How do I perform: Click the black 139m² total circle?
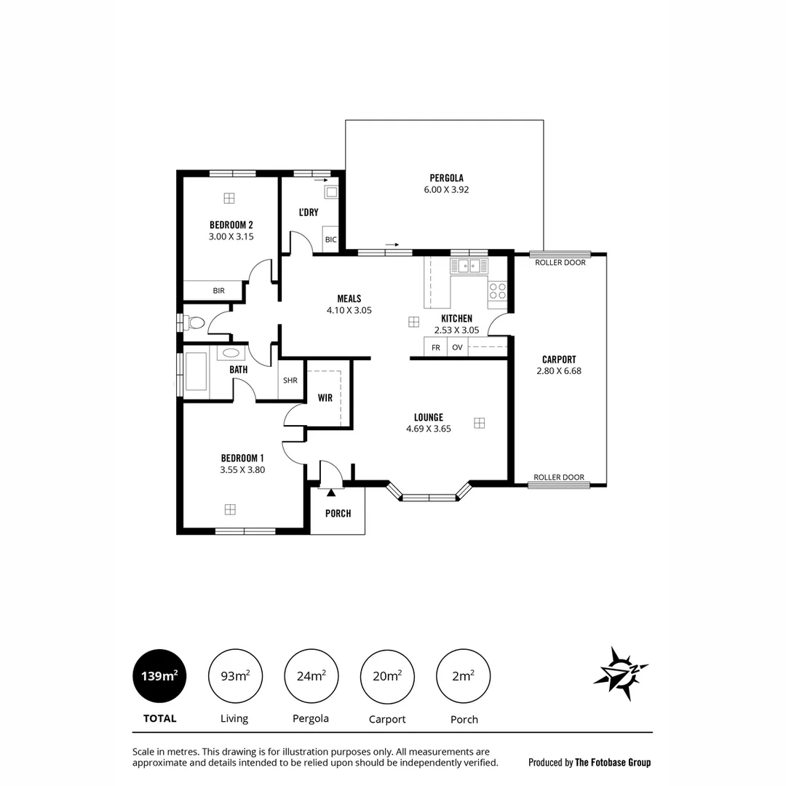click(159, 676)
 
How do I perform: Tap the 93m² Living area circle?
click(235, 676)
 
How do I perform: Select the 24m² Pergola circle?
click(311, 676)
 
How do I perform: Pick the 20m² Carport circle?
click(387, 676)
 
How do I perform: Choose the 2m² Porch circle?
click(463, 676)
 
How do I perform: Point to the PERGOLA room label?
click(446, 178)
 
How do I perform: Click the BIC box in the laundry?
click(331, 239)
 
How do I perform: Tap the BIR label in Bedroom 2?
click(218, 290)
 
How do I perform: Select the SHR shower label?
click(290, 380)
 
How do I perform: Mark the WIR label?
click(325, 398)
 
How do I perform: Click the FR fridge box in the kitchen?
click(436, 347)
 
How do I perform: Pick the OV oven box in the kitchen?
click(457, 347)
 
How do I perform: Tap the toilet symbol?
click(194, 322)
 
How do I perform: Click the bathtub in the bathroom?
click(196, 371)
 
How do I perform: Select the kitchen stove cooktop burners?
click(498, 291)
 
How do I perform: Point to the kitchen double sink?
click(469, 266)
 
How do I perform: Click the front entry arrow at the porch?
click(331, 493)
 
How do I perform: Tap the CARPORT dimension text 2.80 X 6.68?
click(559, 370)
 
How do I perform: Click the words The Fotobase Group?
click(613, 763)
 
